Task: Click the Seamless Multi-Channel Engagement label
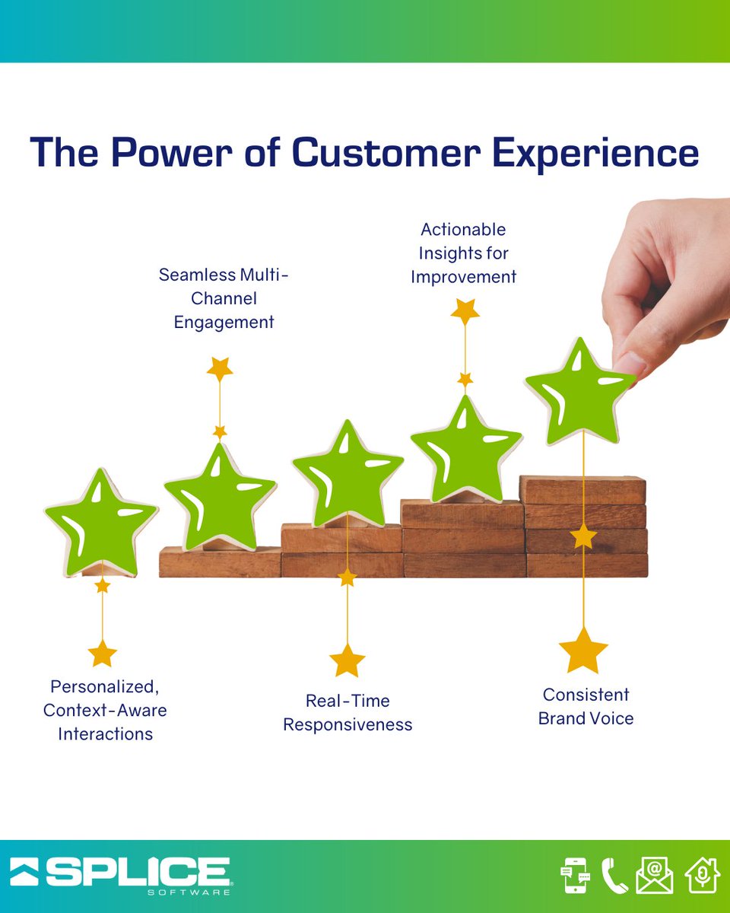click(x=224, y=298)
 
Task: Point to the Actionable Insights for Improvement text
click(x=463, y=253)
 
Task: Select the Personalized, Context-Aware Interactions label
click(x=105, y=710)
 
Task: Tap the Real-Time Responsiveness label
click(x=348, y=712)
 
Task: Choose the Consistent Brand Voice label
click(x=586, y=706)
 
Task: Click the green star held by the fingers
click(x=580, y=392)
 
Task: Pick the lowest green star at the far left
click(x=101, y=523)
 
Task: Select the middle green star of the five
click(x=348, y=475)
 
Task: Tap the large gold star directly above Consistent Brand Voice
click(x=583, y=651)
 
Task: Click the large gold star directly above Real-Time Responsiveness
click(x=348, y=660)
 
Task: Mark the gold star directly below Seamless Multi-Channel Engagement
click(x=220, y=369)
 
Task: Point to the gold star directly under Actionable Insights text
click(x=465, y=311)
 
